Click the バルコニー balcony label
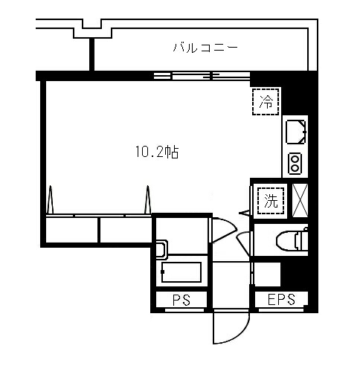[205, 47]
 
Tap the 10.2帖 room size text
[157, 152]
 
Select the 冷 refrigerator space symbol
[266, 101]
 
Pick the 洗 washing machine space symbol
[271, 201]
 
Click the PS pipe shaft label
[181, 300]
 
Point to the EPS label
[281, 299]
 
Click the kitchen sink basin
[296, 132]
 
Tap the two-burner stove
[295, 164]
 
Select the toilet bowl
[292, 240]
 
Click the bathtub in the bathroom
[181, 272]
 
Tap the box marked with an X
[300, 201]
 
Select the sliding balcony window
[202, 76]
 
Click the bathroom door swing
[223, 229]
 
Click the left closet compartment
[71, 230]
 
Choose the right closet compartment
[126, 230]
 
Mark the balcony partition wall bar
[91, 54]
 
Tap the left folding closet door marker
[50, 199]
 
